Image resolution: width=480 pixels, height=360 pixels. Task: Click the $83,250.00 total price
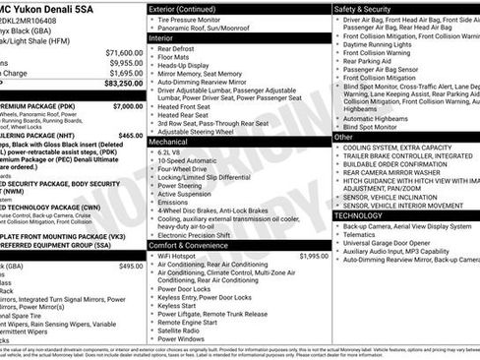coord(119,83)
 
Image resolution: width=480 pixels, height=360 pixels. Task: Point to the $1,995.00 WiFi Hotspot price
coord(313,256)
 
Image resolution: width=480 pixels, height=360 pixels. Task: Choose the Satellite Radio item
coord(182,330)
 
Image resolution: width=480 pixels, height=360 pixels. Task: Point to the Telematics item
coord(363,235)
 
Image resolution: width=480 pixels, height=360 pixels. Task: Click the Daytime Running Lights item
coord(384,45)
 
